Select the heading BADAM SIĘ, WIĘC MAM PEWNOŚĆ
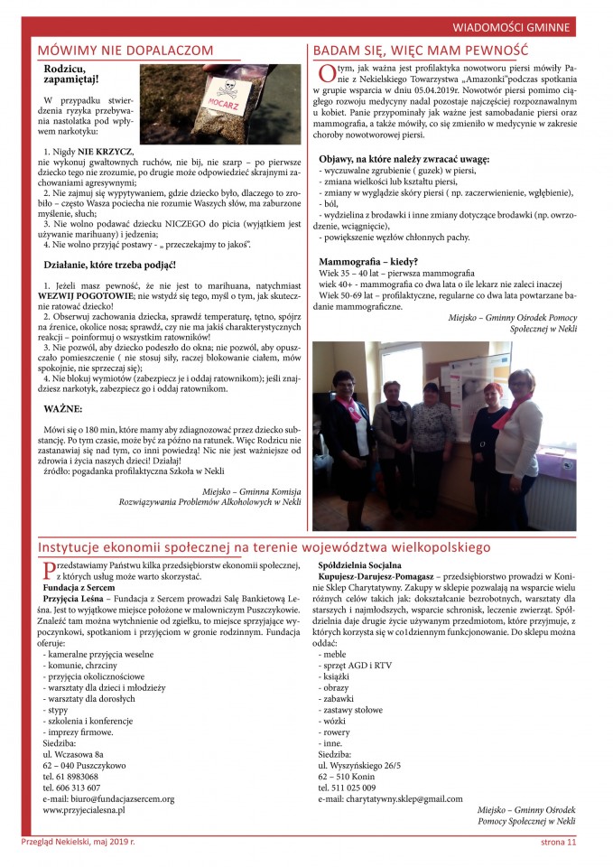point(421,51)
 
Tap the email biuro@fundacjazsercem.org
point(108,798)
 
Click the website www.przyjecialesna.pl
point(84,810)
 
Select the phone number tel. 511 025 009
point(351,786)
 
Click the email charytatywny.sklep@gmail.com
point(390,798)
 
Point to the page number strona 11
point(553,844)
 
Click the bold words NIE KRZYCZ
point(105,151)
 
